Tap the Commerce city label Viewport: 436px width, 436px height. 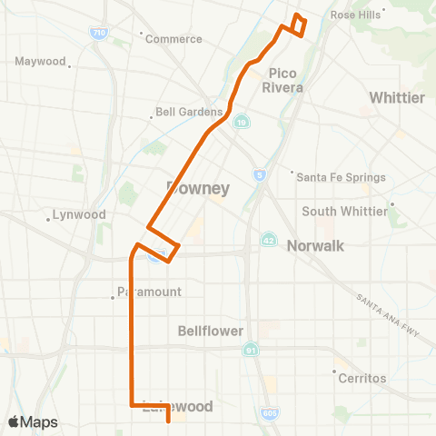click(x=173, y=39)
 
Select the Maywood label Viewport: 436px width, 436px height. click(x=41, y=62)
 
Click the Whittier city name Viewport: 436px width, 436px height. click(x=397, y=97)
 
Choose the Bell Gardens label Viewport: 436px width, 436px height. click(x=189, y=113)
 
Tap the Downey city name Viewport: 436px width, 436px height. click(x=198, y=188)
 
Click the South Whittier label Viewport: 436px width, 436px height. click(x=345, y=212)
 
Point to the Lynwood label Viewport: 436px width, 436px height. click(x=80, y=215)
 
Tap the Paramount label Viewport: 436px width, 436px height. click(x=150, y=292)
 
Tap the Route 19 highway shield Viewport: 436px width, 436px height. click(x=242, y=121)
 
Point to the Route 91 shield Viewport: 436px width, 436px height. click(x=250, y=350)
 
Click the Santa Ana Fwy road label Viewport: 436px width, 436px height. click(x=390, y=314)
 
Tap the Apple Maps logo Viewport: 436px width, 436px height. click(x=33, y=422)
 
